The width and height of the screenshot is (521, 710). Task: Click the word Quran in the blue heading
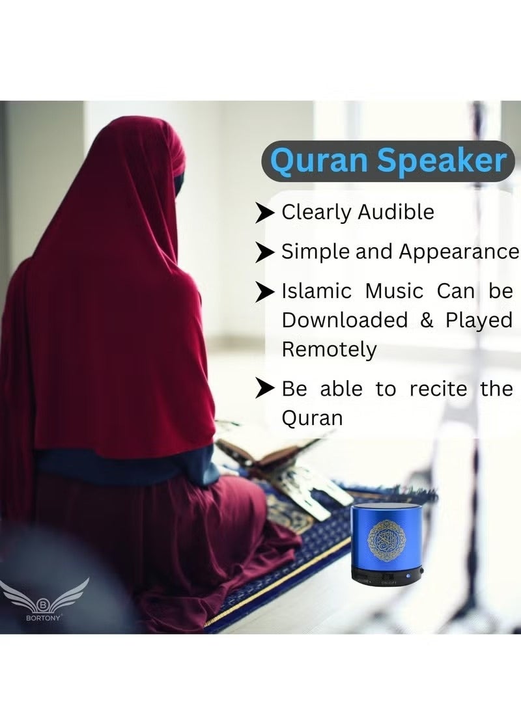click(318, 160)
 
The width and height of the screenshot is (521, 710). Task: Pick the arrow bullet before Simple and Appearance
click(264, 252)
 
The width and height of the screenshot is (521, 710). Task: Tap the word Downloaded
click(345, 320)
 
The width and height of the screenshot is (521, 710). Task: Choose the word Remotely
click(329, 349)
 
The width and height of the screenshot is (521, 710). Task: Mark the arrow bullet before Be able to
click(264, 389)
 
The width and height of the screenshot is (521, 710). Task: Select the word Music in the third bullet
click(394, 291)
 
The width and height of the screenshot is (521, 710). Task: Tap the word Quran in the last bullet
click(312, 418)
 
